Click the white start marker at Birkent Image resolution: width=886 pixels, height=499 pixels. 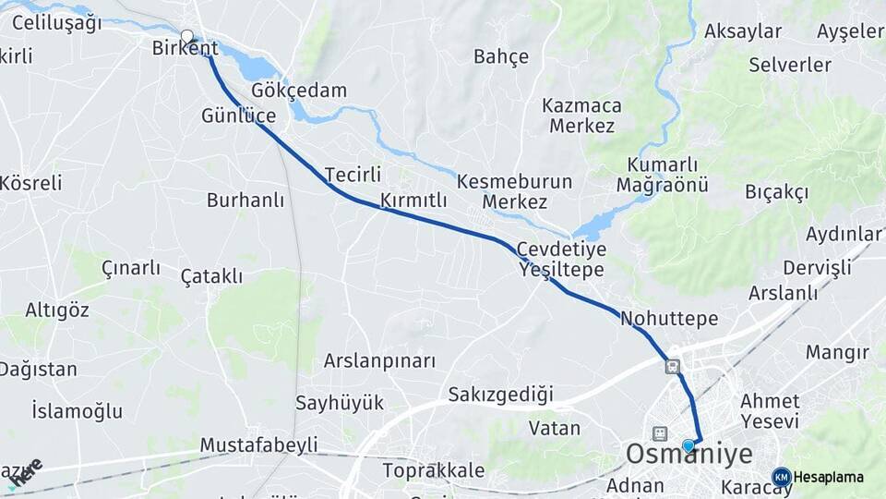(x=187, y=37)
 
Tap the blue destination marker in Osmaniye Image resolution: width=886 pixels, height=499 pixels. (x=688, y=445)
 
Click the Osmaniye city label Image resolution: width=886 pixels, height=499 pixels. (x=688, y=455)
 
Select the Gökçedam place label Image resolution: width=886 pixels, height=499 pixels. (x=299, y=91)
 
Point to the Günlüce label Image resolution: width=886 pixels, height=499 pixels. (x=239, y=116)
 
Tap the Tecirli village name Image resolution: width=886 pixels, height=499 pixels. (x=353, y=174)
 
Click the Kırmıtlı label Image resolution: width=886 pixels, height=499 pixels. (x=413, y=201)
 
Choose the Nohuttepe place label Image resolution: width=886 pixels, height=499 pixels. (x=669, y=319)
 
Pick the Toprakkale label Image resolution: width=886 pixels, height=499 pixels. (x=433, y=469)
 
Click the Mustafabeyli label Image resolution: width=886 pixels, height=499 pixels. (x=258, y=444)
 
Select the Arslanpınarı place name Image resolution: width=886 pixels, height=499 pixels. (x=378, y=360)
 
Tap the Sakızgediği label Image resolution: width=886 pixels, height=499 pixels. (x=500, y=395)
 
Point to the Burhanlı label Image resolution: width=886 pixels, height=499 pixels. (x=245, y=200)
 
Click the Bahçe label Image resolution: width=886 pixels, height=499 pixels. (x=501, y=56)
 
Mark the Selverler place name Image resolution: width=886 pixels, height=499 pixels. (x=790, y=65)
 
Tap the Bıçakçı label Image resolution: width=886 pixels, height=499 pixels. (x=776, y=192)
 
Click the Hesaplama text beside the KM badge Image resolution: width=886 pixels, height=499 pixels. (x=829, y=477)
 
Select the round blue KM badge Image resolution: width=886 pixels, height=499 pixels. (x=781, y=477)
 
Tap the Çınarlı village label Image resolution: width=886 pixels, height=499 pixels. (x=131, y=268)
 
